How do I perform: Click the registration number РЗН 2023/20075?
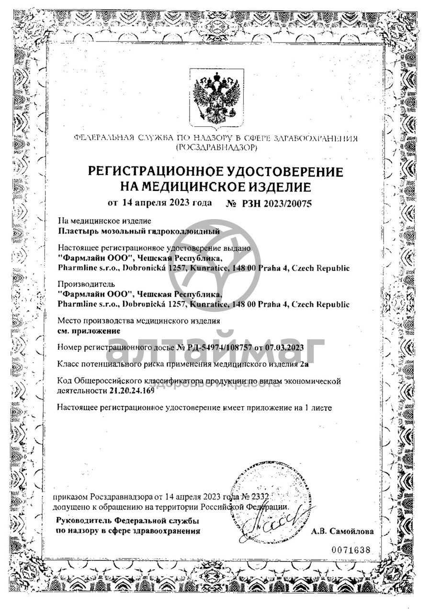coord(275,204)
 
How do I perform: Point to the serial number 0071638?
coord(351,550)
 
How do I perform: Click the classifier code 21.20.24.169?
coord(129,391)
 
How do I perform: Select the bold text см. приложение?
coord(82,330)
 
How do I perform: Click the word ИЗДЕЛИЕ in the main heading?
coord(272,186)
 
